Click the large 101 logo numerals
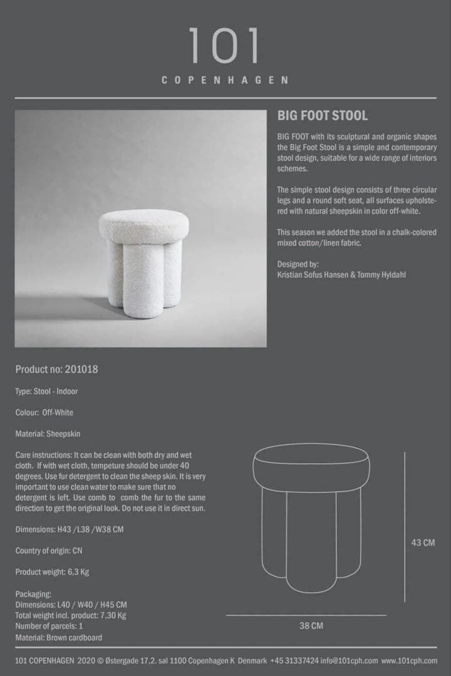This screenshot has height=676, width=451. pos(225,46)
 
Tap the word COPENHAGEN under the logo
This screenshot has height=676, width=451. pos(225,80)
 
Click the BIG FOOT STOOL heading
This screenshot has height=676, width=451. pos(323,116)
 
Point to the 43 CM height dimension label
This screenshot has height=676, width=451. pos(423,543)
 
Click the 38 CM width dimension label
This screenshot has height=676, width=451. pos(311,625)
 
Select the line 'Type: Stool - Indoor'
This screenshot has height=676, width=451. pos(46,391)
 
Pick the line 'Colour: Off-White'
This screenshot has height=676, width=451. pos(44,412)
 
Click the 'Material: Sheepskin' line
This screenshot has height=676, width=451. pos(48,434)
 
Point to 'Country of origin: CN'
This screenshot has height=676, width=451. pos(49,551)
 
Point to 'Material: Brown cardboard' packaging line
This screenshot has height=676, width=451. pos(59,637)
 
